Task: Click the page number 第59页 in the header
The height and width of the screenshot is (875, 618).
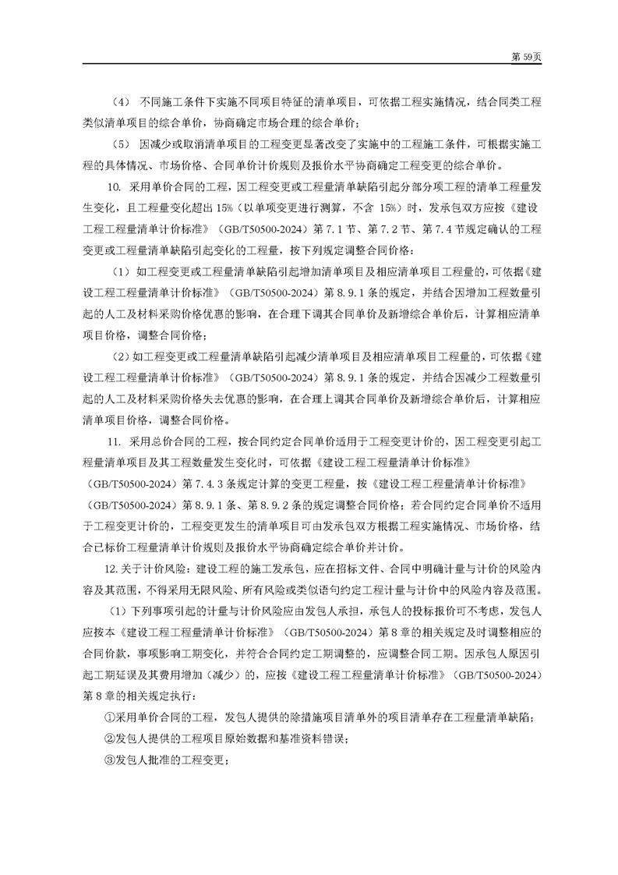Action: click(521, 57)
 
